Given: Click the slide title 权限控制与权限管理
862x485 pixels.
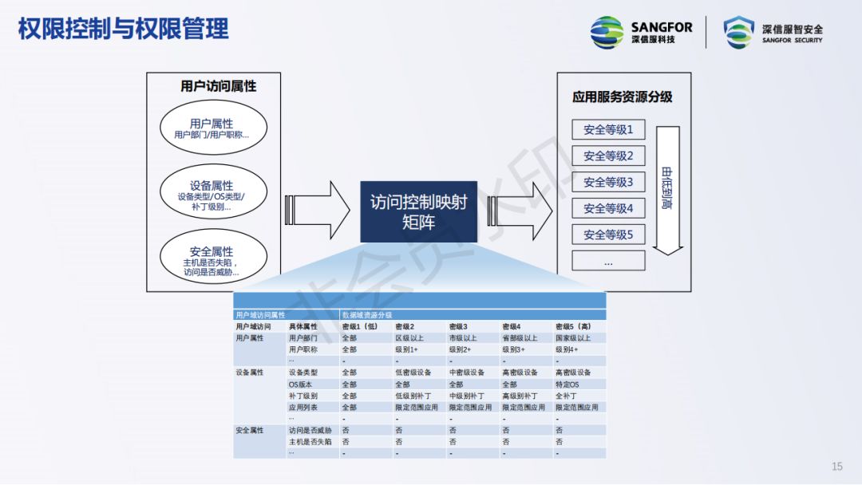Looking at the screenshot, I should click(123, 30).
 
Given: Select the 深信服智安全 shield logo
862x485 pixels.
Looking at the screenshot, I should click(773, 32).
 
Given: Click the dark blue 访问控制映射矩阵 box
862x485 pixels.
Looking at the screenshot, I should click(418, 211).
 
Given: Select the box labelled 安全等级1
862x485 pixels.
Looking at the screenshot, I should click(608, 130).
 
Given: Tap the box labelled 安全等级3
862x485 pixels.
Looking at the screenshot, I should click(608, 182).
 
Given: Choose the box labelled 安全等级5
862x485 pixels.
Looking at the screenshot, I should click(608, 235).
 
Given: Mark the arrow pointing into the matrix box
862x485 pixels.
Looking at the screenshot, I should click(318, 210).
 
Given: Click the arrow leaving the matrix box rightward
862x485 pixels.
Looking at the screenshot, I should click(520, 210).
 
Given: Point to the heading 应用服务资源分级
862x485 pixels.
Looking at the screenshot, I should click(623, 97).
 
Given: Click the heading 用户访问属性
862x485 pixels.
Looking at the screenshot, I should click(219, 86).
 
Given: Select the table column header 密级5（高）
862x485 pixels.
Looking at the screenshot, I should click(573, 326).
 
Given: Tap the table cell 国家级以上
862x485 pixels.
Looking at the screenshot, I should click(573, 338).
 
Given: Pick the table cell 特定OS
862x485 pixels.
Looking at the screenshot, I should click(567, 384).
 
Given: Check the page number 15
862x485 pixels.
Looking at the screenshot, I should click(837, 467).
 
